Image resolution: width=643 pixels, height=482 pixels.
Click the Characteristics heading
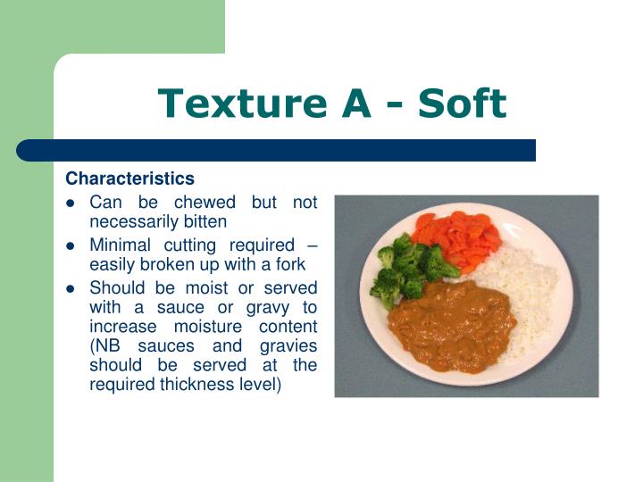129,179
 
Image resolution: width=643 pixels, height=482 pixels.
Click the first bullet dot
71,204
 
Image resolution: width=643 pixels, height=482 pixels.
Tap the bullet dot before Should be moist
71,288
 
